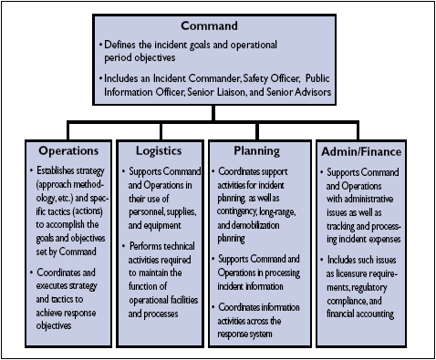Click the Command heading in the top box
point(217,26)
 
